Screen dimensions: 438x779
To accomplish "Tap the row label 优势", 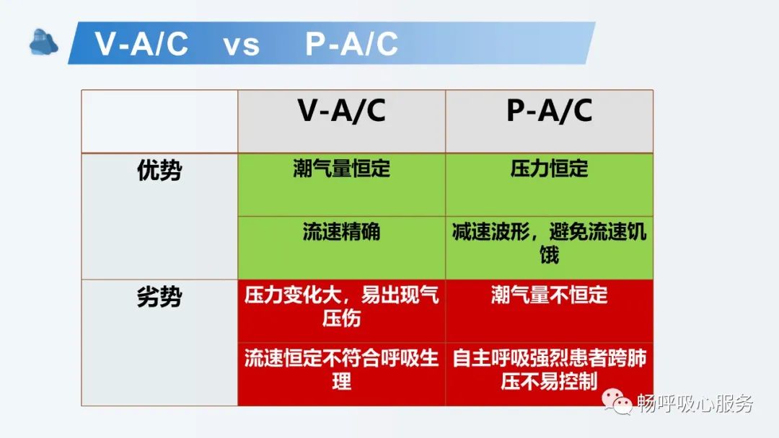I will (x=159, y=171).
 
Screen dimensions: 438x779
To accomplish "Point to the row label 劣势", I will (x=159, y=297).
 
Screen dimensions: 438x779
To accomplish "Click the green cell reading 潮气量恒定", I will (x=341, y=169).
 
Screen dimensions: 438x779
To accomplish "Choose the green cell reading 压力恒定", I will (x=549, y=169).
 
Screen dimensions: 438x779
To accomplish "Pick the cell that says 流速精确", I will (x=341, y=232).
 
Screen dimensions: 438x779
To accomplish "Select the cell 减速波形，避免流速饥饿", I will (x=549, y=243).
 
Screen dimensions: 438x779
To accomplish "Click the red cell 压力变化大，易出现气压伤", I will (x=341, y=305).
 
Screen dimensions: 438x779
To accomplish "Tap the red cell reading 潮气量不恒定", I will (x=549, y=295).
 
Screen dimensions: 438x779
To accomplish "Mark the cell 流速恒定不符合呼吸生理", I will (x=341, y=369).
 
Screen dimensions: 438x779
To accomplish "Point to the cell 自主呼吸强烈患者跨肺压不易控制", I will (x=549, y=369).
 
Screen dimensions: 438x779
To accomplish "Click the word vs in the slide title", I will (x=241, y=45).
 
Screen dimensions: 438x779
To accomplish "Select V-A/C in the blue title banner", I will (x=142, y=45).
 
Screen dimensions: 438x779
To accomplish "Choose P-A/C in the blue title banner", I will (x=351, y=45).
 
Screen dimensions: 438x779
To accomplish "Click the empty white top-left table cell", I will (x=159, y=121).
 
